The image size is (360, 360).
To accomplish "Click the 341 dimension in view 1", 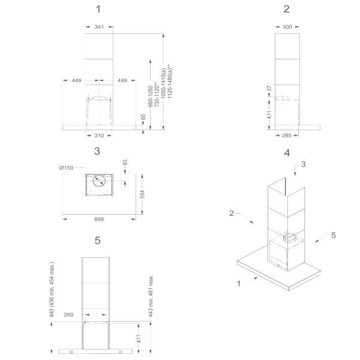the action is point(99,27).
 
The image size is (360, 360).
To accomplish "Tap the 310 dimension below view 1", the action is point(99,136).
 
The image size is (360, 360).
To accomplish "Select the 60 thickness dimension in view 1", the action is point(143,117).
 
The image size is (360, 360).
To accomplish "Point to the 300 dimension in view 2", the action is point(287,27).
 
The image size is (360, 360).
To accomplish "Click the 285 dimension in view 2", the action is point(287,136).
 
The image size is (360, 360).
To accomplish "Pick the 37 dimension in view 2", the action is point(269,88).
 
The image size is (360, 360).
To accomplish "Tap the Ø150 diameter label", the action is point(66,168).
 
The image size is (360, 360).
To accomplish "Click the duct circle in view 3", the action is point(99,181).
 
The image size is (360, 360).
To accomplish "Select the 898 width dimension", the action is point(99,219).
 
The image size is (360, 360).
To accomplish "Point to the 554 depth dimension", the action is point(142,194).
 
